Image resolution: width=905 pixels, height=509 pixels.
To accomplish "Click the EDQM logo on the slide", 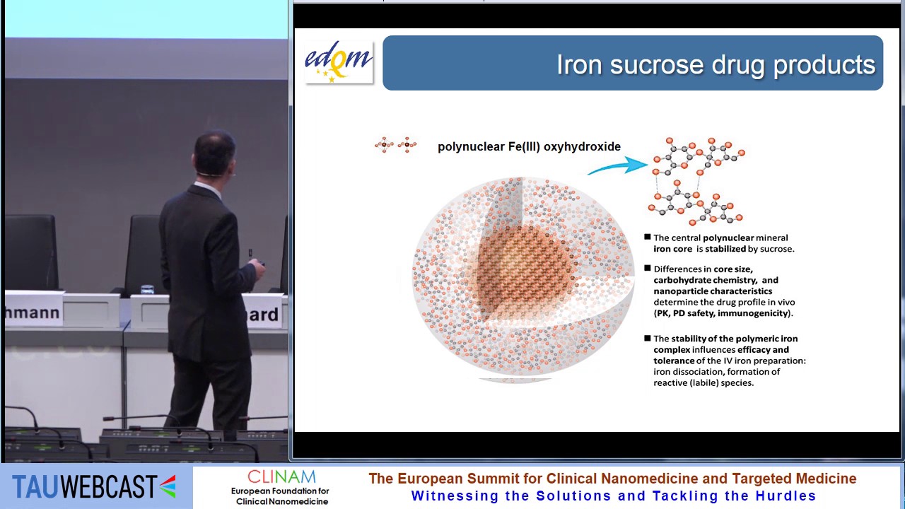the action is tap(339, 62).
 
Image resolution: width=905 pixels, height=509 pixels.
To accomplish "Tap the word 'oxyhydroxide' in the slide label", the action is tap(582, 146).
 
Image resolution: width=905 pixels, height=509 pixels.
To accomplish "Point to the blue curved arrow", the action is tap(617, 166).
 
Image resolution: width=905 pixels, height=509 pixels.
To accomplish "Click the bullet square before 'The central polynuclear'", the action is tap(647, 237).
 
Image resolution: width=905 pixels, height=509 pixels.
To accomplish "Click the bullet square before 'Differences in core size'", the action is tap(647, 268).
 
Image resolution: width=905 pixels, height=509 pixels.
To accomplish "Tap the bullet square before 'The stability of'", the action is tap(647, 338).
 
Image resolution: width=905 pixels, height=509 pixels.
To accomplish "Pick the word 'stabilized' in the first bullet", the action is tap(725, 249).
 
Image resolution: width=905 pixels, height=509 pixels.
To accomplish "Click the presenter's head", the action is tap(214, 154).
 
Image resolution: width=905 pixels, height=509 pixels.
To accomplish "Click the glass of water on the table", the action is tap(147, 289).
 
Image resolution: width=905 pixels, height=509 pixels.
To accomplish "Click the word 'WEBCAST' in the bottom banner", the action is tap(109, 486).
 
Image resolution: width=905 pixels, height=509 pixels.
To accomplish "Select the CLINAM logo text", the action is tap(281, 477).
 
